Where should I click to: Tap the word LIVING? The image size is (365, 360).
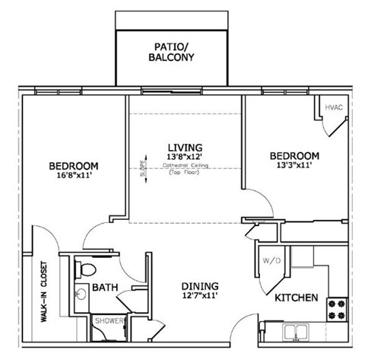185,147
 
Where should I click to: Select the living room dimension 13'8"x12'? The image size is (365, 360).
185,158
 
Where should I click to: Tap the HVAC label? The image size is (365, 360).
335,107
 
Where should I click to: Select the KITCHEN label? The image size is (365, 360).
296,297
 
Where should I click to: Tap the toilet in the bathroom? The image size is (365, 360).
86,269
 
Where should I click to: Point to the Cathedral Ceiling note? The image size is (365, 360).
184,167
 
